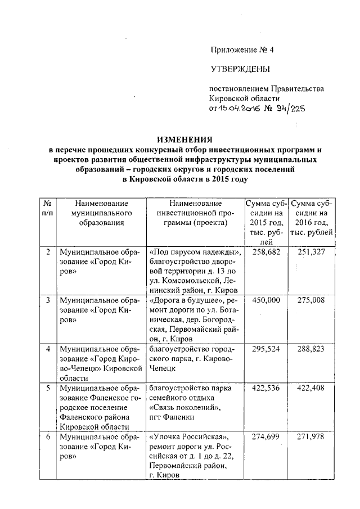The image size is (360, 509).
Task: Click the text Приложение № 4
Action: click(242, 49)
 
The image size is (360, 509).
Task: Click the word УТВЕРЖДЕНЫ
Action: click(240, 69)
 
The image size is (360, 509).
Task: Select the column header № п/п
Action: click(48, 208)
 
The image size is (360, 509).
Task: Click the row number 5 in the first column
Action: click(48, 388)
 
